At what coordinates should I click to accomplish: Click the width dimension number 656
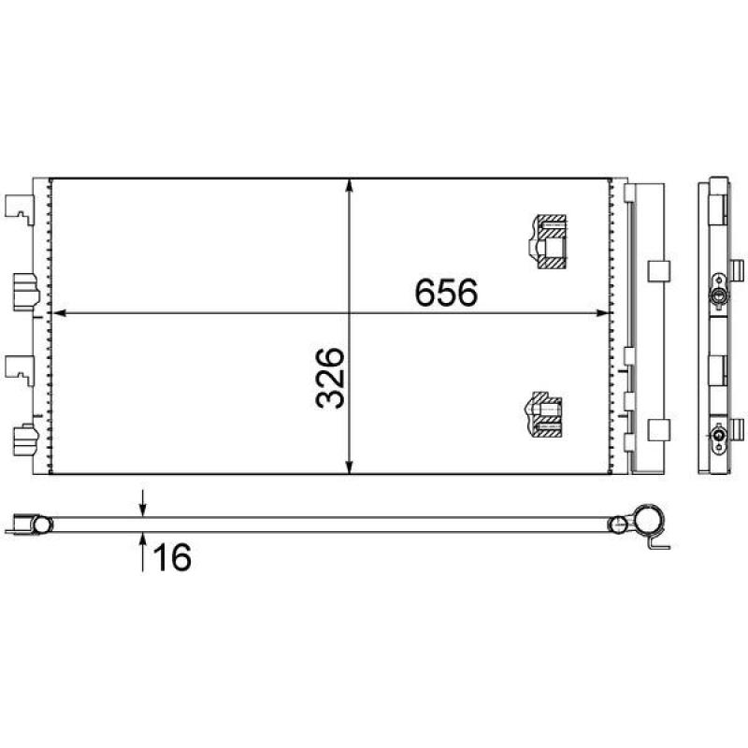tap(446, 294)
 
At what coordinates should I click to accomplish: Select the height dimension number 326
tap(331, 378)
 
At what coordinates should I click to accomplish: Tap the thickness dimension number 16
tap(171, 557)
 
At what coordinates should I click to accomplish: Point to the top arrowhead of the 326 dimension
tap(350, 185)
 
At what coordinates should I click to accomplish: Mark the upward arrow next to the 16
tap(142, 540)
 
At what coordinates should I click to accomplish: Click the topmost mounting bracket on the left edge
tap(19, 208)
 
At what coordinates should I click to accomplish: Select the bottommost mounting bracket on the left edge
tap(21, 439)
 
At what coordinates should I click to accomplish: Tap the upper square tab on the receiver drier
tap(658, 270)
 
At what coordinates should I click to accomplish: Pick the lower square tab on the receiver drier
tap(658, 430)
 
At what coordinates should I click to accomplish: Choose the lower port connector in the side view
tap(718, 436)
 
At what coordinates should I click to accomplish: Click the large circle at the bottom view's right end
tap(647, 520)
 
